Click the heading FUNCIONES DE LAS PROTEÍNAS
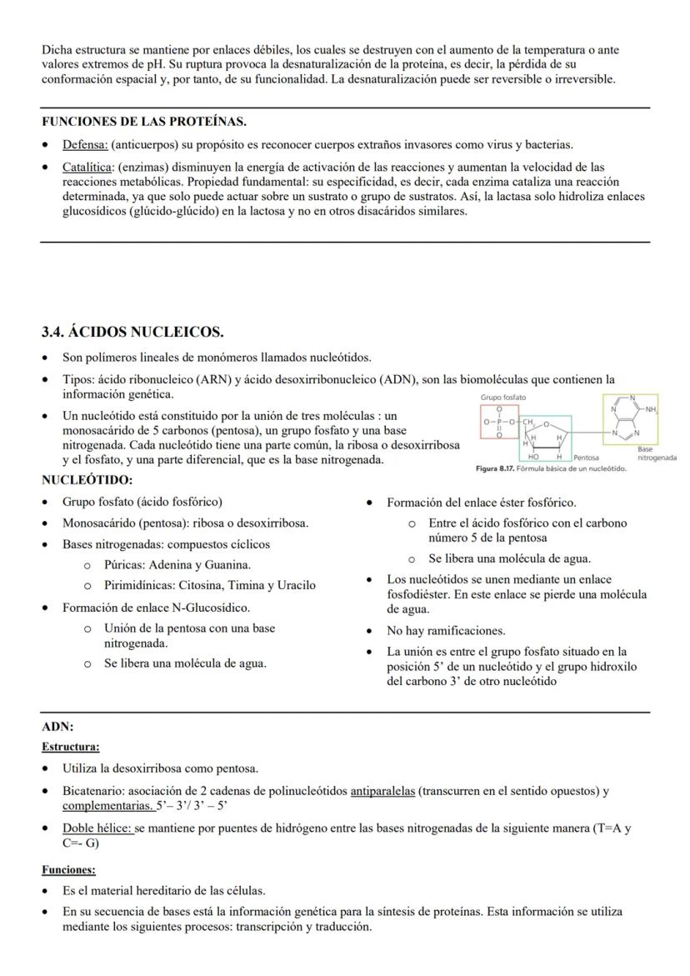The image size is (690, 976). [143, 122]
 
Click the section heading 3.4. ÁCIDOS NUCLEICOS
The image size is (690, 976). [132, 333]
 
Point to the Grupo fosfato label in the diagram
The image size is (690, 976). [502, 398]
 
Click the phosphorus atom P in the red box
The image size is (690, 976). [499, 423]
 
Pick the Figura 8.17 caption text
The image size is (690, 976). [551, 468]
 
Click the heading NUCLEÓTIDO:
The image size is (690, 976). [87, 480]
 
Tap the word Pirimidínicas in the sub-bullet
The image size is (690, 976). [140, 585]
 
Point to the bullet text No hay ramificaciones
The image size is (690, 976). [446, 630]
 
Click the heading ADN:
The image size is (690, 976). [57, 727]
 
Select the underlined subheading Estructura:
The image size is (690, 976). [71, 747]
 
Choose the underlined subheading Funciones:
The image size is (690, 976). [68, 869]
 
